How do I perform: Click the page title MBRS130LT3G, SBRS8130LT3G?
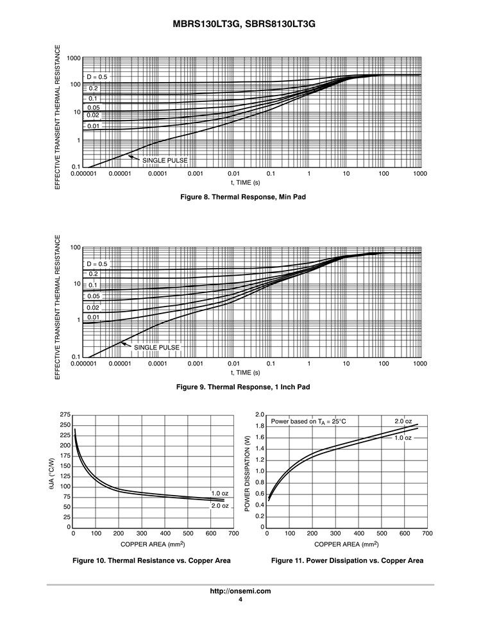240,24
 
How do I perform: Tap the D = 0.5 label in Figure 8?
97,77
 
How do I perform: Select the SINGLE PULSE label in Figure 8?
165,160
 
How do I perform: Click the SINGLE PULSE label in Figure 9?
156,347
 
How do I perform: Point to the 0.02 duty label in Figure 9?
93,307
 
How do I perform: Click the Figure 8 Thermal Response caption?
240,197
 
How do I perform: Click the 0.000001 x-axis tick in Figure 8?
83,174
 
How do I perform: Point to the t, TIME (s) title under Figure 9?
246,373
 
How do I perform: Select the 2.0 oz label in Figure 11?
403,421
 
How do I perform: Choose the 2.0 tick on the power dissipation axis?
260,415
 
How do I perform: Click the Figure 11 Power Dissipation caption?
347,560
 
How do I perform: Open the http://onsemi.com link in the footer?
240,591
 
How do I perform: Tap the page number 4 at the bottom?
240,600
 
